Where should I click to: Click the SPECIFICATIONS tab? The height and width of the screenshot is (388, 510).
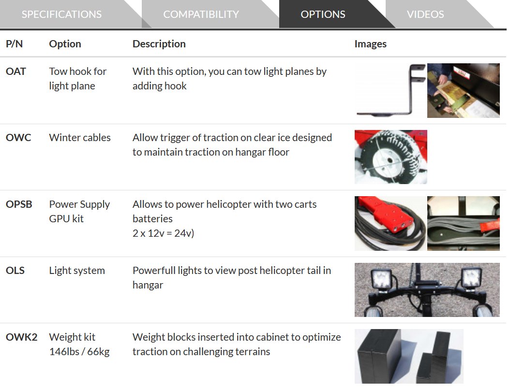coord(62,14)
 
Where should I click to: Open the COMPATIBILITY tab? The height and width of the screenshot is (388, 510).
coord(201,14)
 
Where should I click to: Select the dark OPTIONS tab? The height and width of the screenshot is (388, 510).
coord(323,14)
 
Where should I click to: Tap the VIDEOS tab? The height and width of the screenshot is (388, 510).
coord(425,14)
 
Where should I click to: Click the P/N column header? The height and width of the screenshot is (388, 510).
coord(15,44)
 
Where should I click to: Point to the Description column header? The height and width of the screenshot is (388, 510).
coord(159,44)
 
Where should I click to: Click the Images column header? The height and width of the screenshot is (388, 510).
coord(371,44)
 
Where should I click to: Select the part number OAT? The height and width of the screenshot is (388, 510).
coord(15,72)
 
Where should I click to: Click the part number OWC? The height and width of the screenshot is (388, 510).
coord(18,138)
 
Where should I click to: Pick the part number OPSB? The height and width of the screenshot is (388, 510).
coord(19,204)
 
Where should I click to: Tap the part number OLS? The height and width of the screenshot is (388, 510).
coord(15,271)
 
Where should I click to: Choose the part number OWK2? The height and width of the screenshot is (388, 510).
coord(21,337)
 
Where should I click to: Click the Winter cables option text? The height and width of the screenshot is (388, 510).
coord(80,138)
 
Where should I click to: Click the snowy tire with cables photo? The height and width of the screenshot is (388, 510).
coord(390,157)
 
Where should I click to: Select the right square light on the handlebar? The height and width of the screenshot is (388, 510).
coord(472,278)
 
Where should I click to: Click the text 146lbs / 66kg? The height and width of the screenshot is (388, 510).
coord(79,352)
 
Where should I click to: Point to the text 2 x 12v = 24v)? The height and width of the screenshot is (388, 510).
coord(163,233)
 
